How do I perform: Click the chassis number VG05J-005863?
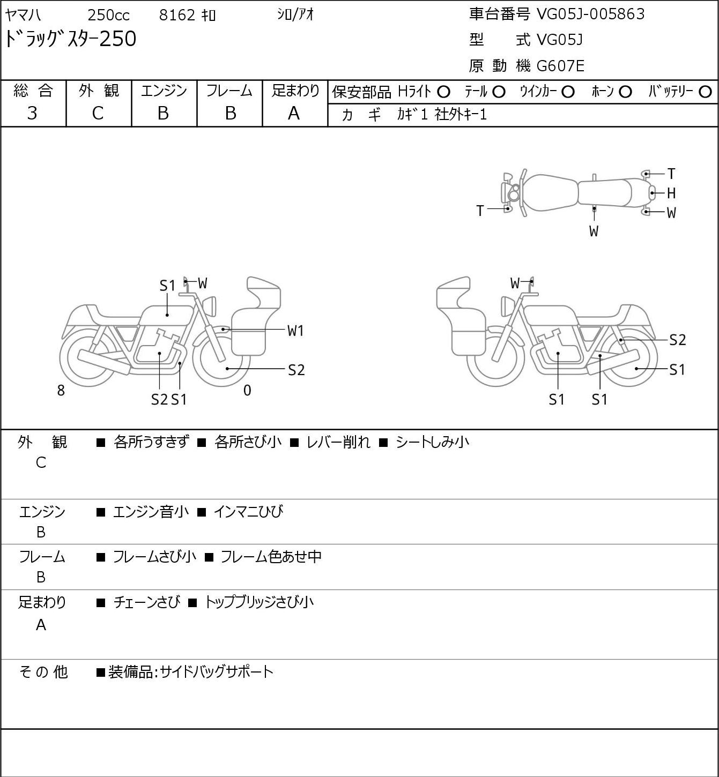590,14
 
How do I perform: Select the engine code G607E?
560,66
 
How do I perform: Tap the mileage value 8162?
177,15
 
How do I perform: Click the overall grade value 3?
32,113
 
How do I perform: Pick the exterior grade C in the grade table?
98,113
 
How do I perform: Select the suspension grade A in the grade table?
294,113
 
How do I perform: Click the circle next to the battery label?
705,92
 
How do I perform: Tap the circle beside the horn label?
625,92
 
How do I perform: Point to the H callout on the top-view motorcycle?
671,193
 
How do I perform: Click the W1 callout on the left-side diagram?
295,331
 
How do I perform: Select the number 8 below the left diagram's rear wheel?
61,391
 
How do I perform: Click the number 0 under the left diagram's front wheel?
247,391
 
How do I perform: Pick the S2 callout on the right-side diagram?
678,340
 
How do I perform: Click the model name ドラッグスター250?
71,39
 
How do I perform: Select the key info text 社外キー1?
461,115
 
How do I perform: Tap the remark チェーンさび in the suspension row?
146,602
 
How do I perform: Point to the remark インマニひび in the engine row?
248,512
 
